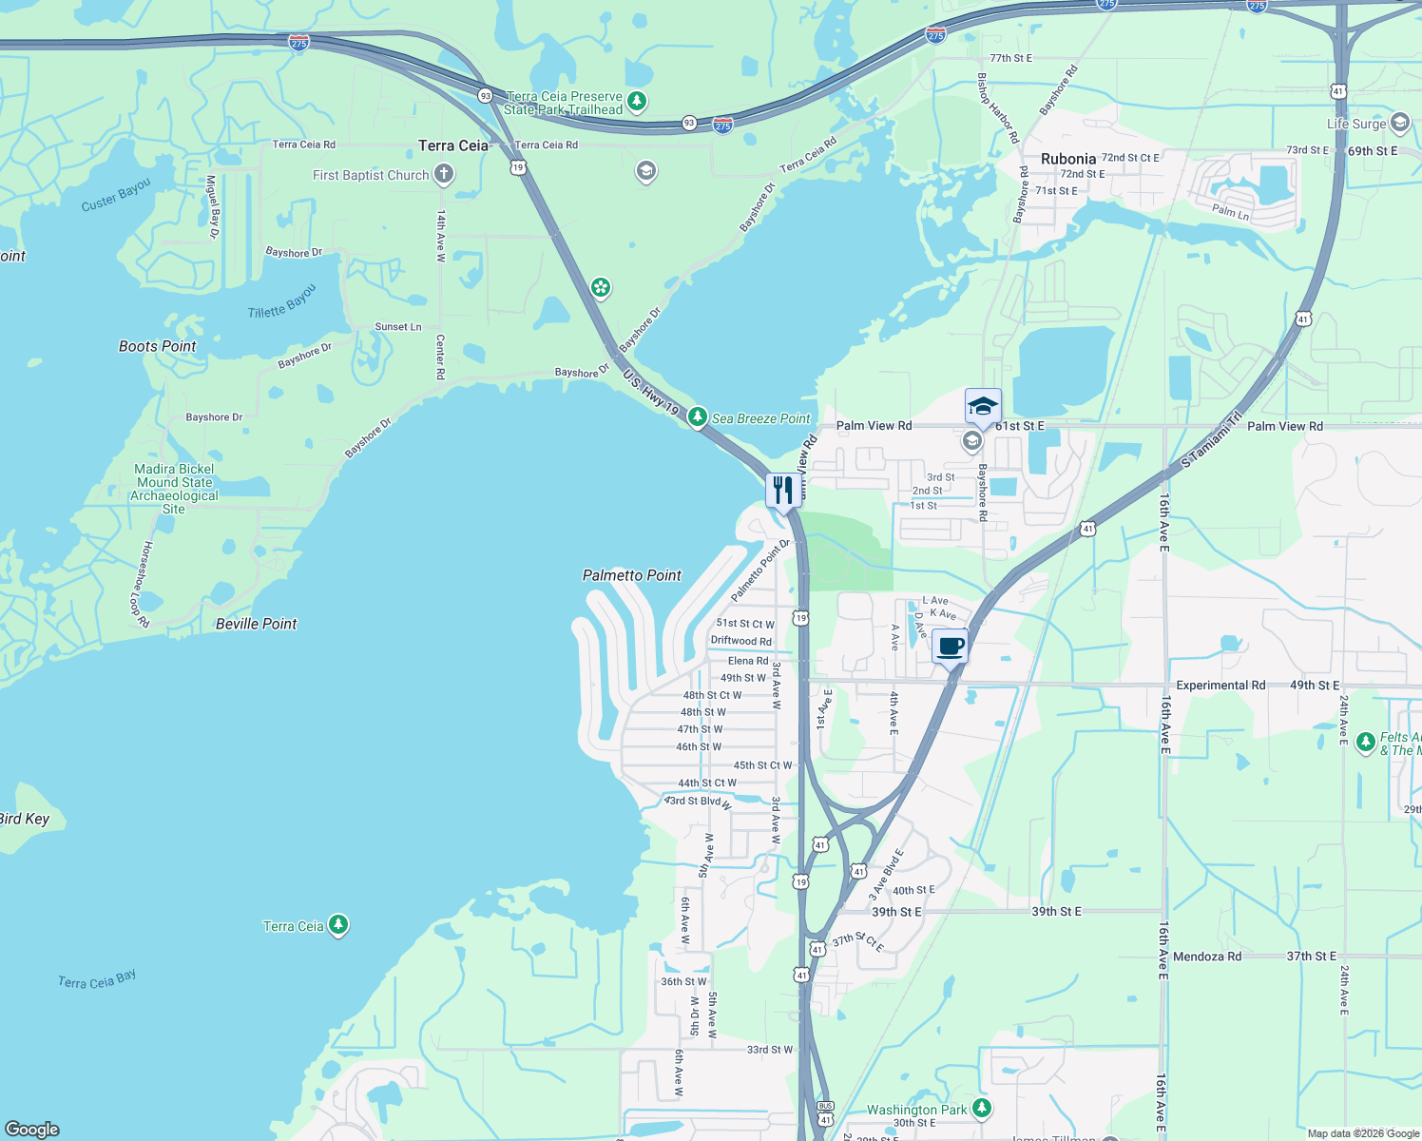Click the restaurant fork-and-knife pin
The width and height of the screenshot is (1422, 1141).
click(782, 491)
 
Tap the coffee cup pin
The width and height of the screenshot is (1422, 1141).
click(950, 648)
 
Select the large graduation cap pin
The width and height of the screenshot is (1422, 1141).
click(982, 407)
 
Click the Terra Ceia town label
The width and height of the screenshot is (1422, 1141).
click(453, 145)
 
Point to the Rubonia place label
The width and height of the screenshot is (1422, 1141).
click(1068, 159)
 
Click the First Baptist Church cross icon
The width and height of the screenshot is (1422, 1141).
click(443, 174)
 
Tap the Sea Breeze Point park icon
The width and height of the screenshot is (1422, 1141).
click(697, 417)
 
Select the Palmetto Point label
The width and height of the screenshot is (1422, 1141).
click(632, 575)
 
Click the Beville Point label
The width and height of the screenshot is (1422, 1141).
click(256, 624)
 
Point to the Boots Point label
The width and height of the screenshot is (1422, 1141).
click(158, 346)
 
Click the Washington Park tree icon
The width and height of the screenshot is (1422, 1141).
click(982, 1109)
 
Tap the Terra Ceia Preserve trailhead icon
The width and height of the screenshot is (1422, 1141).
click(637, 101)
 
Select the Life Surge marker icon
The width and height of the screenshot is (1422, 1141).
click(1399, 123)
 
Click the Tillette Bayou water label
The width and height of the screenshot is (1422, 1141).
click(281, 302)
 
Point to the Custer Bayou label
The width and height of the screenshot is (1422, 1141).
click(116, 195)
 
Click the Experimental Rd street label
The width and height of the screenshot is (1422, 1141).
click(1220, 685)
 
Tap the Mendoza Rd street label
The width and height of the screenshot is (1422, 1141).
click(1207, 957)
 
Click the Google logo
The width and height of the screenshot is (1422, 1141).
click(32, 1129)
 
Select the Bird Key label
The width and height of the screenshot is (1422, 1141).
click(24, 819)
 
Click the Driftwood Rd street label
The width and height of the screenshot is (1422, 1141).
click(741, 641)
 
